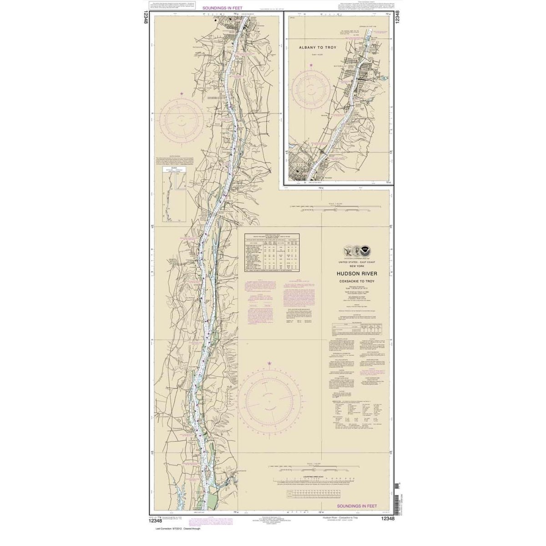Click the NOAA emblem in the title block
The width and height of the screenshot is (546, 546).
pyautogui.click(x=367, y=251)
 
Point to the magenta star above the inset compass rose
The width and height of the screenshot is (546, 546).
pyautogui.click(x=311, y=65)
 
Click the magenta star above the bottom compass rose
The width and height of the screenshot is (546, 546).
pyautogui.click(x=269, y=364)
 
